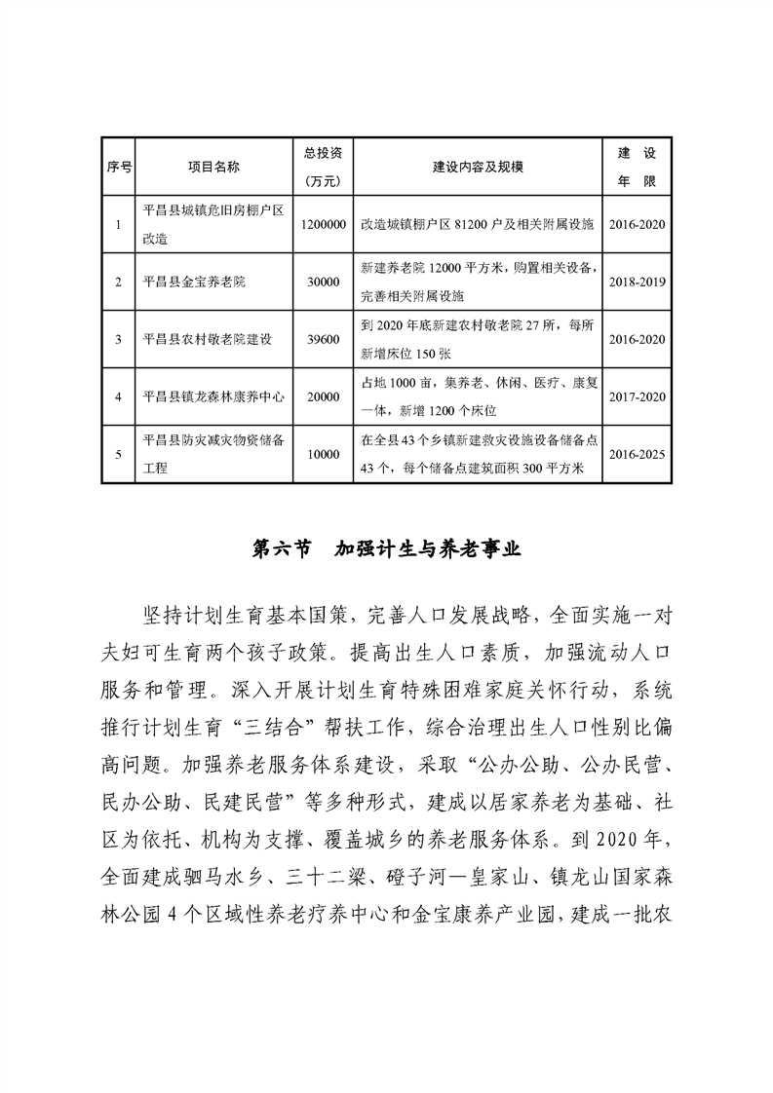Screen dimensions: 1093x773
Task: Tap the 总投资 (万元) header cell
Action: pyautogui.click(x=322, y=167)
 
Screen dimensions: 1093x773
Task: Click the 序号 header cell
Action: pyautogui.click(x=118, y=167)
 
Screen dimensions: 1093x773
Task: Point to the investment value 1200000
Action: pyautogui.click(x=324, y=224)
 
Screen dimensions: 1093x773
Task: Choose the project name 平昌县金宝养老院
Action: pyautogui.click(x=193, y=282)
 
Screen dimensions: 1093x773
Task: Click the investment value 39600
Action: pyautogui.click(x=322, y=339)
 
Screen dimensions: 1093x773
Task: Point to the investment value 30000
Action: pyautogui.click(x=322, y=282)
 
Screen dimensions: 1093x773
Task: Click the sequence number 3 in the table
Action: pyautogui.click(x=118, y=339)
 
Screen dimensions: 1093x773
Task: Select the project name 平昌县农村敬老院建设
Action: pyautogui.click(x=206, y=339)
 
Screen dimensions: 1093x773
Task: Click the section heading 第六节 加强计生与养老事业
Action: pyautogui.click(x=387, y=549)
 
